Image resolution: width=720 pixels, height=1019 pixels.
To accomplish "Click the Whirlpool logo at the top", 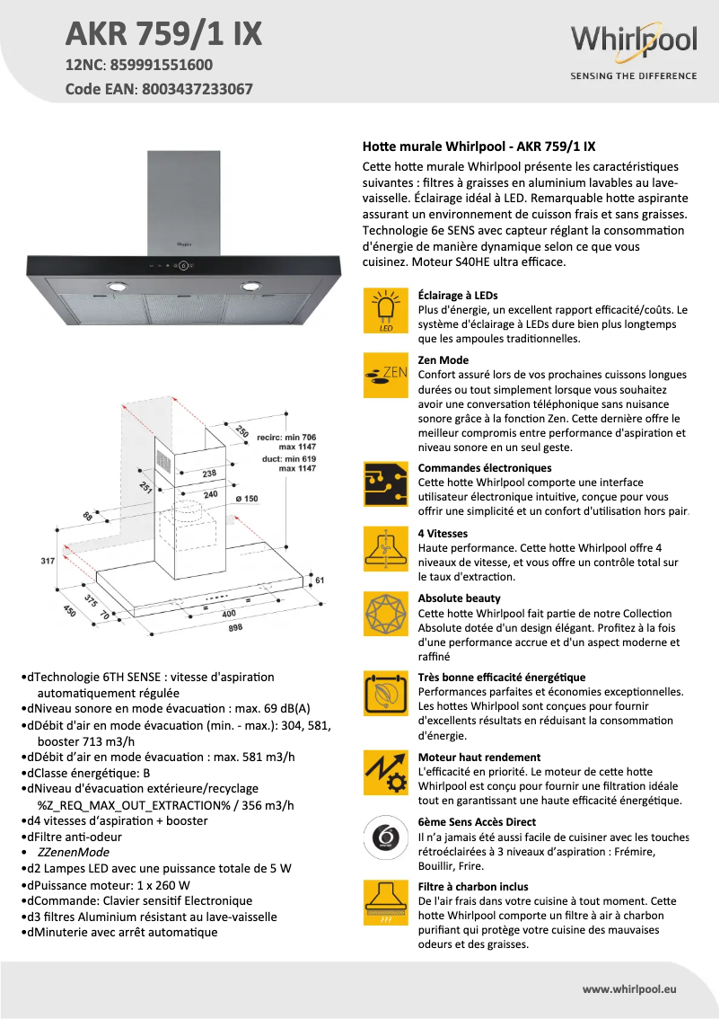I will pos(633,42).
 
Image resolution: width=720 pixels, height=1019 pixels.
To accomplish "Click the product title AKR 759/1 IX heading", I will pos(164,33).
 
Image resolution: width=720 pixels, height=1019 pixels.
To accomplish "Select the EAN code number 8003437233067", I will pos(195,89).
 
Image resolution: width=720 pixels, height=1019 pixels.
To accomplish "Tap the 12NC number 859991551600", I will pos(163,65).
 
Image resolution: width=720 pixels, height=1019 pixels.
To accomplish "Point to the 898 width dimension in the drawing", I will pos(235,628).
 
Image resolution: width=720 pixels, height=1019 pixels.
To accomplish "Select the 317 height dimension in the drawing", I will pos(48,562).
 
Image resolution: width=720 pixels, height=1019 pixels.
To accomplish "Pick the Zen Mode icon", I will pos(386,376).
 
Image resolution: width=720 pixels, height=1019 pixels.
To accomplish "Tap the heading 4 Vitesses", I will pos(443,533).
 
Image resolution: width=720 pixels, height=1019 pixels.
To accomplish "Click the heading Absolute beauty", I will pos(460,598).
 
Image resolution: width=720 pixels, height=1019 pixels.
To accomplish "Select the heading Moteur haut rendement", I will pos(479,757).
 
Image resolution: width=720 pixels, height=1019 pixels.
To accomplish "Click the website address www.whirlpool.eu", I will pos(628,988).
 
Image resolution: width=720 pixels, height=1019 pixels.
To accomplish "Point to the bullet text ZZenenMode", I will pos(74,852).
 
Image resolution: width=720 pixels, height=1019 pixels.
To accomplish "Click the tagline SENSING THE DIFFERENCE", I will pos(634,75).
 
